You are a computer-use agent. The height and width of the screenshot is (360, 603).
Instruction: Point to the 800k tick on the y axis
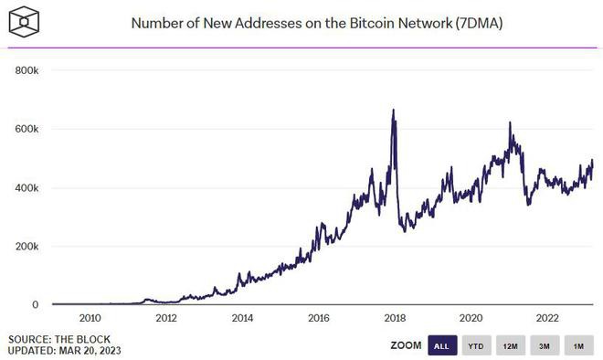[26, 70]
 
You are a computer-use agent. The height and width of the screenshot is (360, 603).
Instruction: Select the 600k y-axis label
[26, 129]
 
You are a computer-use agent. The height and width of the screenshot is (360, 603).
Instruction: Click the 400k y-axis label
[26, 187]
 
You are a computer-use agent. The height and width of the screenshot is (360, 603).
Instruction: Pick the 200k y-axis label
[26, 247]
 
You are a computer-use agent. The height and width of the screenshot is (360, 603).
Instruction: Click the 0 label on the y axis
[36, 305]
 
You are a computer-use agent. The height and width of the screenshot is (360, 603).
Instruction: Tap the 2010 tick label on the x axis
[90, 319]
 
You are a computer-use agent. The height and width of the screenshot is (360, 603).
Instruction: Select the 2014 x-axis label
[242, 319]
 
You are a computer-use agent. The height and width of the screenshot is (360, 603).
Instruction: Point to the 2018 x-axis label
[394, 319]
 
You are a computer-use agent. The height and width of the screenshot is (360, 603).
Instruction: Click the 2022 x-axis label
[546, 319]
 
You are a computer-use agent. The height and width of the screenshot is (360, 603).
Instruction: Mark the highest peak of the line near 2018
[393, 111]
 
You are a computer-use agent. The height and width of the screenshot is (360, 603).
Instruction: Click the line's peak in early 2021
[510, 123]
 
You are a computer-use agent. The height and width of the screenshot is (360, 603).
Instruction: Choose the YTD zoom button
[475, 346]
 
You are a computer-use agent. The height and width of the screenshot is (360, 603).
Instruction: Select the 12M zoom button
[510, 346]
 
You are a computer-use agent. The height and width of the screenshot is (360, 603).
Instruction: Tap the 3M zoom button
[544, 346]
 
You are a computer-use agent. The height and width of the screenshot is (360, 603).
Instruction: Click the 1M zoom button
[577, 346]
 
